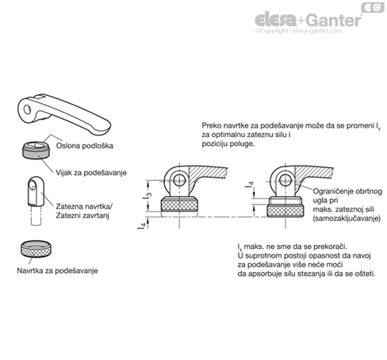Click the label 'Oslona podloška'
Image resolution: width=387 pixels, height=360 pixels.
pyautogui.click(x=85, y=146)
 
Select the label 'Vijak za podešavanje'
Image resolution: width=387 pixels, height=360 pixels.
pyautogui.click(x=91, y=173)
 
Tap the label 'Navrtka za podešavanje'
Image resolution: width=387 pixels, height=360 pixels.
pyautogui.click(x=57, y=270)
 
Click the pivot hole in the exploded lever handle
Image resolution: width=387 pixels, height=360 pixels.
pyautogui.click(x=27, y=109)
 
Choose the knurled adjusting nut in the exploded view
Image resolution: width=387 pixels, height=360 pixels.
pyautogui.click(x=36, y=249)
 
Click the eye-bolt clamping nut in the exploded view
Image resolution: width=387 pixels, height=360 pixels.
pyautogui.click(x=36, y=192)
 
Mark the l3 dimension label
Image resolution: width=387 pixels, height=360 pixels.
pyautogui.click(x=148, y=196)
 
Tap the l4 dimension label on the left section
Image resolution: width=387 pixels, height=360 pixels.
pyautogui.click(x=142, y=225)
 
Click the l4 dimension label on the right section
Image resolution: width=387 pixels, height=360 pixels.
pyautogui.click(x=249, y=184)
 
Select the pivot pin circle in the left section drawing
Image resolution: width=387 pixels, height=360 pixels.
pyautogui.click(x=180, y=178)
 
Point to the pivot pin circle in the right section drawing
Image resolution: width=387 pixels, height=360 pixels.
pyautogui.click(x=285, y=178)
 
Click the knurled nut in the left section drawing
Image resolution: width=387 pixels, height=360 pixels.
pyautogui.click(x=180, y=205)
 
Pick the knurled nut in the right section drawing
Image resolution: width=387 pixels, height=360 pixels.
pyautogui.click(x=285, y=211)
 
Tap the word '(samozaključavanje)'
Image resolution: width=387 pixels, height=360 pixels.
pyautogui.click(x=347, y=218)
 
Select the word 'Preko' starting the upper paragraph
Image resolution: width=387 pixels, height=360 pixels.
pyautogui.click(x=209, y=125)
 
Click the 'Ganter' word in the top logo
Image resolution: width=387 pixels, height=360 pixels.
pyautogui.click(x=334, y=21)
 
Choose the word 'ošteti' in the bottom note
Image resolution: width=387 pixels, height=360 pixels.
pyautogui.click(x=366, y=274)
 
